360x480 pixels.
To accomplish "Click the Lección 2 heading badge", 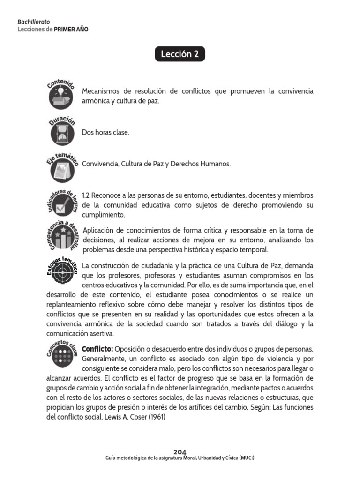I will pyautogui.click(x=180, y=54).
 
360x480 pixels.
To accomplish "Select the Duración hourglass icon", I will pyautogui.click(x=62, y=132).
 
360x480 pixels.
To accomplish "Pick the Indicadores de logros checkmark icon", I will pyautogui.click(x=62, y=205).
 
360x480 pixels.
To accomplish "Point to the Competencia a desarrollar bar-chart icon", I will pyautogui.click(x=62, y=239).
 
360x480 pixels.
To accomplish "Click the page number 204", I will pyautogui.click(x=180, y=452).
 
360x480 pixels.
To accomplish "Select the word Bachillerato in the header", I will pyautogui.click(x=33, y=22).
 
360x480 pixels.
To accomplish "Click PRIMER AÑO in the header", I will pyautogui.click(x=71, y=29).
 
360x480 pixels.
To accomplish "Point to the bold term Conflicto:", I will pyautogui.click(x=97, y=349).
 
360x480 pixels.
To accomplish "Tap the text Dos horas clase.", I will pyautogui.click(x=105, y=133).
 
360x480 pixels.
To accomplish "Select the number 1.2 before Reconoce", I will pyautogui.click(x=86, y=195).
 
